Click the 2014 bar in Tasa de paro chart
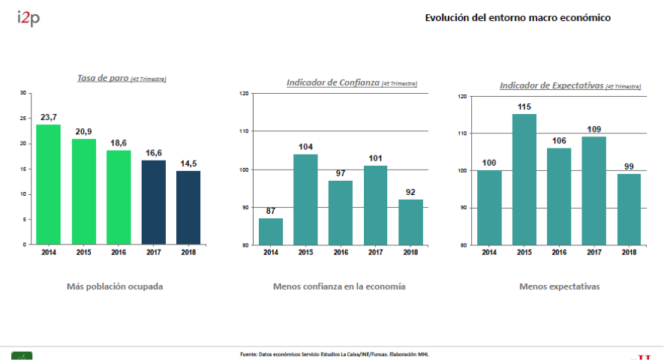[49, 184]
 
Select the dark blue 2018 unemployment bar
[188, 207]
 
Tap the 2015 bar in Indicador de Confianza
[305, 199]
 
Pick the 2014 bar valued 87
[271, 231]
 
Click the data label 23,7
[49, 117]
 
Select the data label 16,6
[153, 152]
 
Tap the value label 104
[305, 147]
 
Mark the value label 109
[593, 129]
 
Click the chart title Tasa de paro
[103, 78]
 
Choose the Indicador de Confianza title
[333, 82]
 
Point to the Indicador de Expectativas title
[551, 86]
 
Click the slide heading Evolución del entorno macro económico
[518, 17]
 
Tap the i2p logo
[28, 18]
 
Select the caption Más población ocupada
[114, 286]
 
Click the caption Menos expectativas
[559, 286]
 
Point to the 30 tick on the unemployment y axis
[23, 93]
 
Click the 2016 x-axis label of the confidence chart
[340, 252]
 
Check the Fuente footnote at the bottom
[334, 354]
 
